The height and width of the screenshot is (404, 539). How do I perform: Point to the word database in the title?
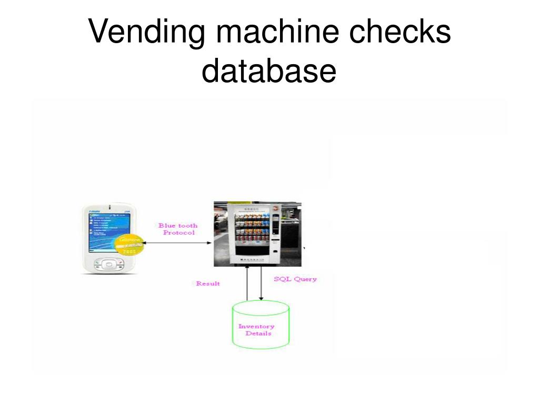(x=268, y=71)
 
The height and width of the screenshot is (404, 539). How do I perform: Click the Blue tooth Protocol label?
(x=178, y=229)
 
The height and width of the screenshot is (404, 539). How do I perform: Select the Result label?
(x=208, y=284)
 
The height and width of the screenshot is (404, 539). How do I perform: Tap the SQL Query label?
(x=295, y=279)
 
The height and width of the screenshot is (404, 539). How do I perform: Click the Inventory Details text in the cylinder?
(x=257, y=330)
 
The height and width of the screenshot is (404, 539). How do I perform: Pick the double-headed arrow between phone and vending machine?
(x=178, y=243)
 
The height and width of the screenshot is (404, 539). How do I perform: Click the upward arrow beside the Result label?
(x=247, y=284)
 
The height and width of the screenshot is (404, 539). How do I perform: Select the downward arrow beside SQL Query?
(x=261, y=284)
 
